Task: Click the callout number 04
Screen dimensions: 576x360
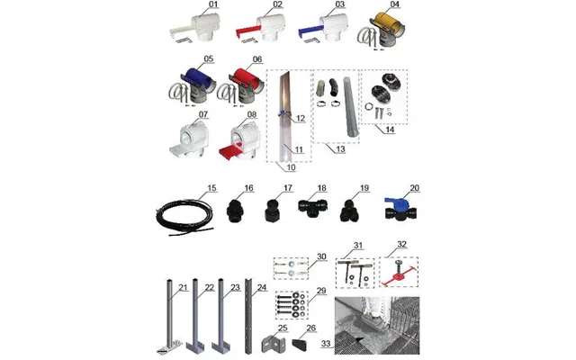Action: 394,4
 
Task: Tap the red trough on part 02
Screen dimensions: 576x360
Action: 247,31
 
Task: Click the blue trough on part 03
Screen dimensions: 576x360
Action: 310,31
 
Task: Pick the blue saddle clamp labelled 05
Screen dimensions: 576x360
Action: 195,77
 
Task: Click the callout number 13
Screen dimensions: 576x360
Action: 340,149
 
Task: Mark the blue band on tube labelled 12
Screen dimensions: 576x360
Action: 284,112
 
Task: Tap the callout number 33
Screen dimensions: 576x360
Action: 326,344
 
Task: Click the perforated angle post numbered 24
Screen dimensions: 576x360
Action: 248,316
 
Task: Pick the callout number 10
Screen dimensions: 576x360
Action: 291,167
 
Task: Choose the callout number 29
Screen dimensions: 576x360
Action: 321,291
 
